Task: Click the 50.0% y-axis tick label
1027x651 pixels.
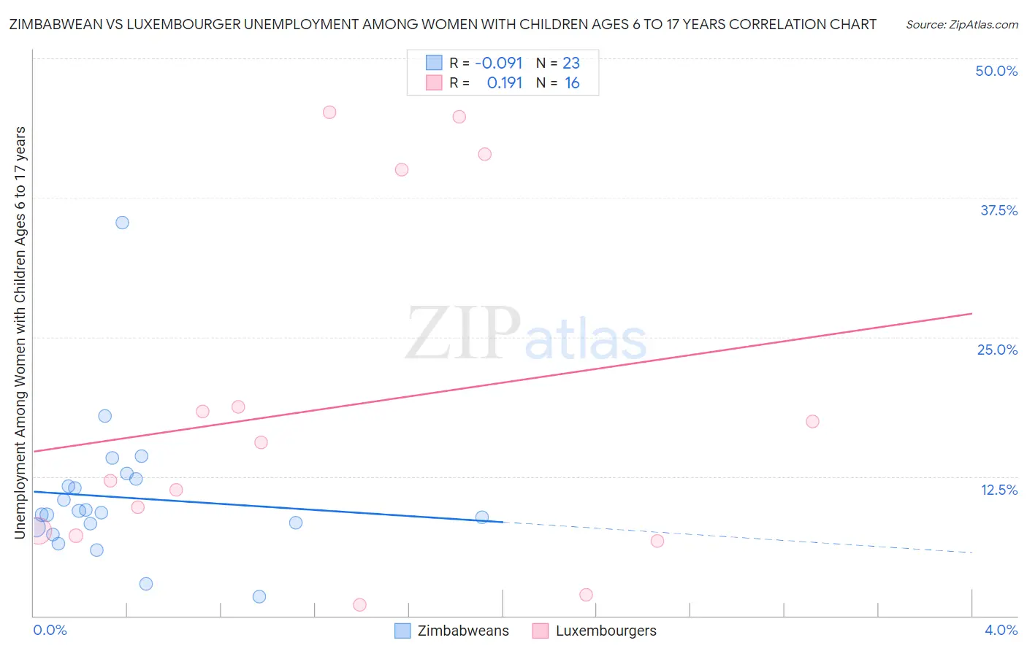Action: [996, 71]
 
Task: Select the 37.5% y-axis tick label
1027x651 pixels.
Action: [999, 210]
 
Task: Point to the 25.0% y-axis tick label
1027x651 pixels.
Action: [997, 350]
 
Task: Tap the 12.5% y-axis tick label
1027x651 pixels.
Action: [999, 490]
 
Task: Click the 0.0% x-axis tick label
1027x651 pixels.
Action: [50, 630]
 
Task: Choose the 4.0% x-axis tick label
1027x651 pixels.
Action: [1001, 630]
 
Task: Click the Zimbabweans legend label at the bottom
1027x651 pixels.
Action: [463, 631]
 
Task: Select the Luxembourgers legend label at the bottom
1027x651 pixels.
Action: [606, 631]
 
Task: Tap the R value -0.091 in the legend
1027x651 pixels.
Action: [498, 63]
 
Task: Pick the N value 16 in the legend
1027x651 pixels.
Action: [572, 83]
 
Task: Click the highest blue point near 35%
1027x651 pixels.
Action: [122, 223]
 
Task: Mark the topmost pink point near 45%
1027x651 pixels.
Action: [329, 112]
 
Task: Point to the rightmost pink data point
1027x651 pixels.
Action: [812, 421]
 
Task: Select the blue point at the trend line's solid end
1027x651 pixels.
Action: [482, 517]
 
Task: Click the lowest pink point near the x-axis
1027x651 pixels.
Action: [359, 604]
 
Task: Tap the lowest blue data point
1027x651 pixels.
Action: [259, 596]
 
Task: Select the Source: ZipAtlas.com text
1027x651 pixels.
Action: [961, 25]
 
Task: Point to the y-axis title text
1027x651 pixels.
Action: [20, 332]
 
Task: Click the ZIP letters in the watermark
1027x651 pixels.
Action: [463, 334]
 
